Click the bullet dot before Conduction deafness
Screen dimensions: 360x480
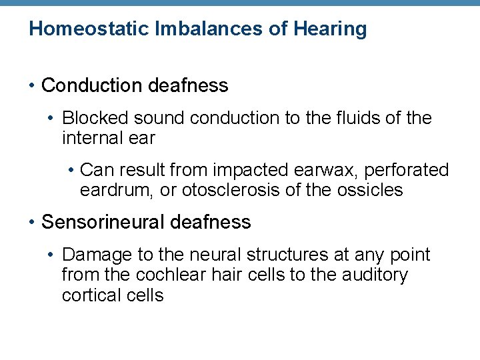32,86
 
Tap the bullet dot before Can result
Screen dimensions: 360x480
71,171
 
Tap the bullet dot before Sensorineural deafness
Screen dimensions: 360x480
32,222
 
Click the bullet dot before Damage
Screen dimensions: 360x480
52,255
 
